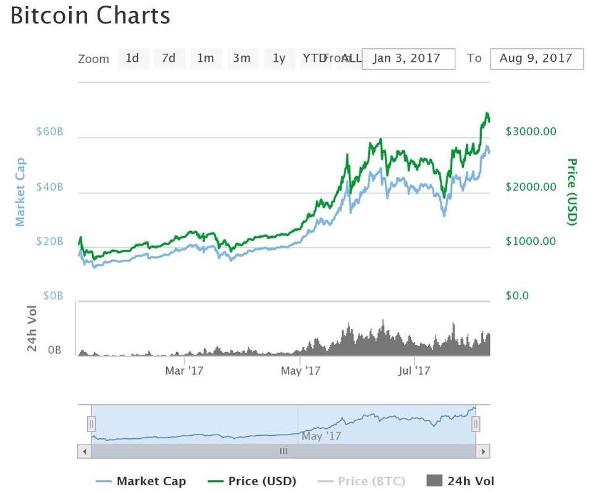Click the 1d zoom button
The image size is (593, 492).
coord(132,59)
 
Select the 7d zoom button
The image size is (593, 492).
coord(169,59)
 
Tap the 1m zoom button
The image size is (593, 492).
coord(205,59)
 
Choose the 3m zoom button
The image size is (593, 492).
coord(242,59)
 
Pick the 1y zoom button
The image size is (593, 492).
coord(279,59)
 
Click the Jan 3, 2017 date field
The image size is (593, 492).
coord(408,59)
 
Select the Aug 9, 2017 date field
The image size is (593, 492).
coord(536,59)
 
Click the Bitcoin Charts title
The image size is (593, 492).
coord(90,16)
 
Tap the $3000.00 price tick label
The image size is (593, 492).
coord(531,131)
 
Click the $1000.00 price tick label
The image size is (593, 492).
coord(531,241)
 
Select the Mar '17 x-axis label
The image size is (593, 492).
coord(185,371)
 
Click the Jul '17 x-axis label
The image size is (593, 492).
coord(414,371)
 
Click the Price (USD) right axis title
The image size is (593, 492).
coord(572,192)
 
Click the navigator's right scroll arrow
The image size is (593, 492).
coord(484,451)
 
